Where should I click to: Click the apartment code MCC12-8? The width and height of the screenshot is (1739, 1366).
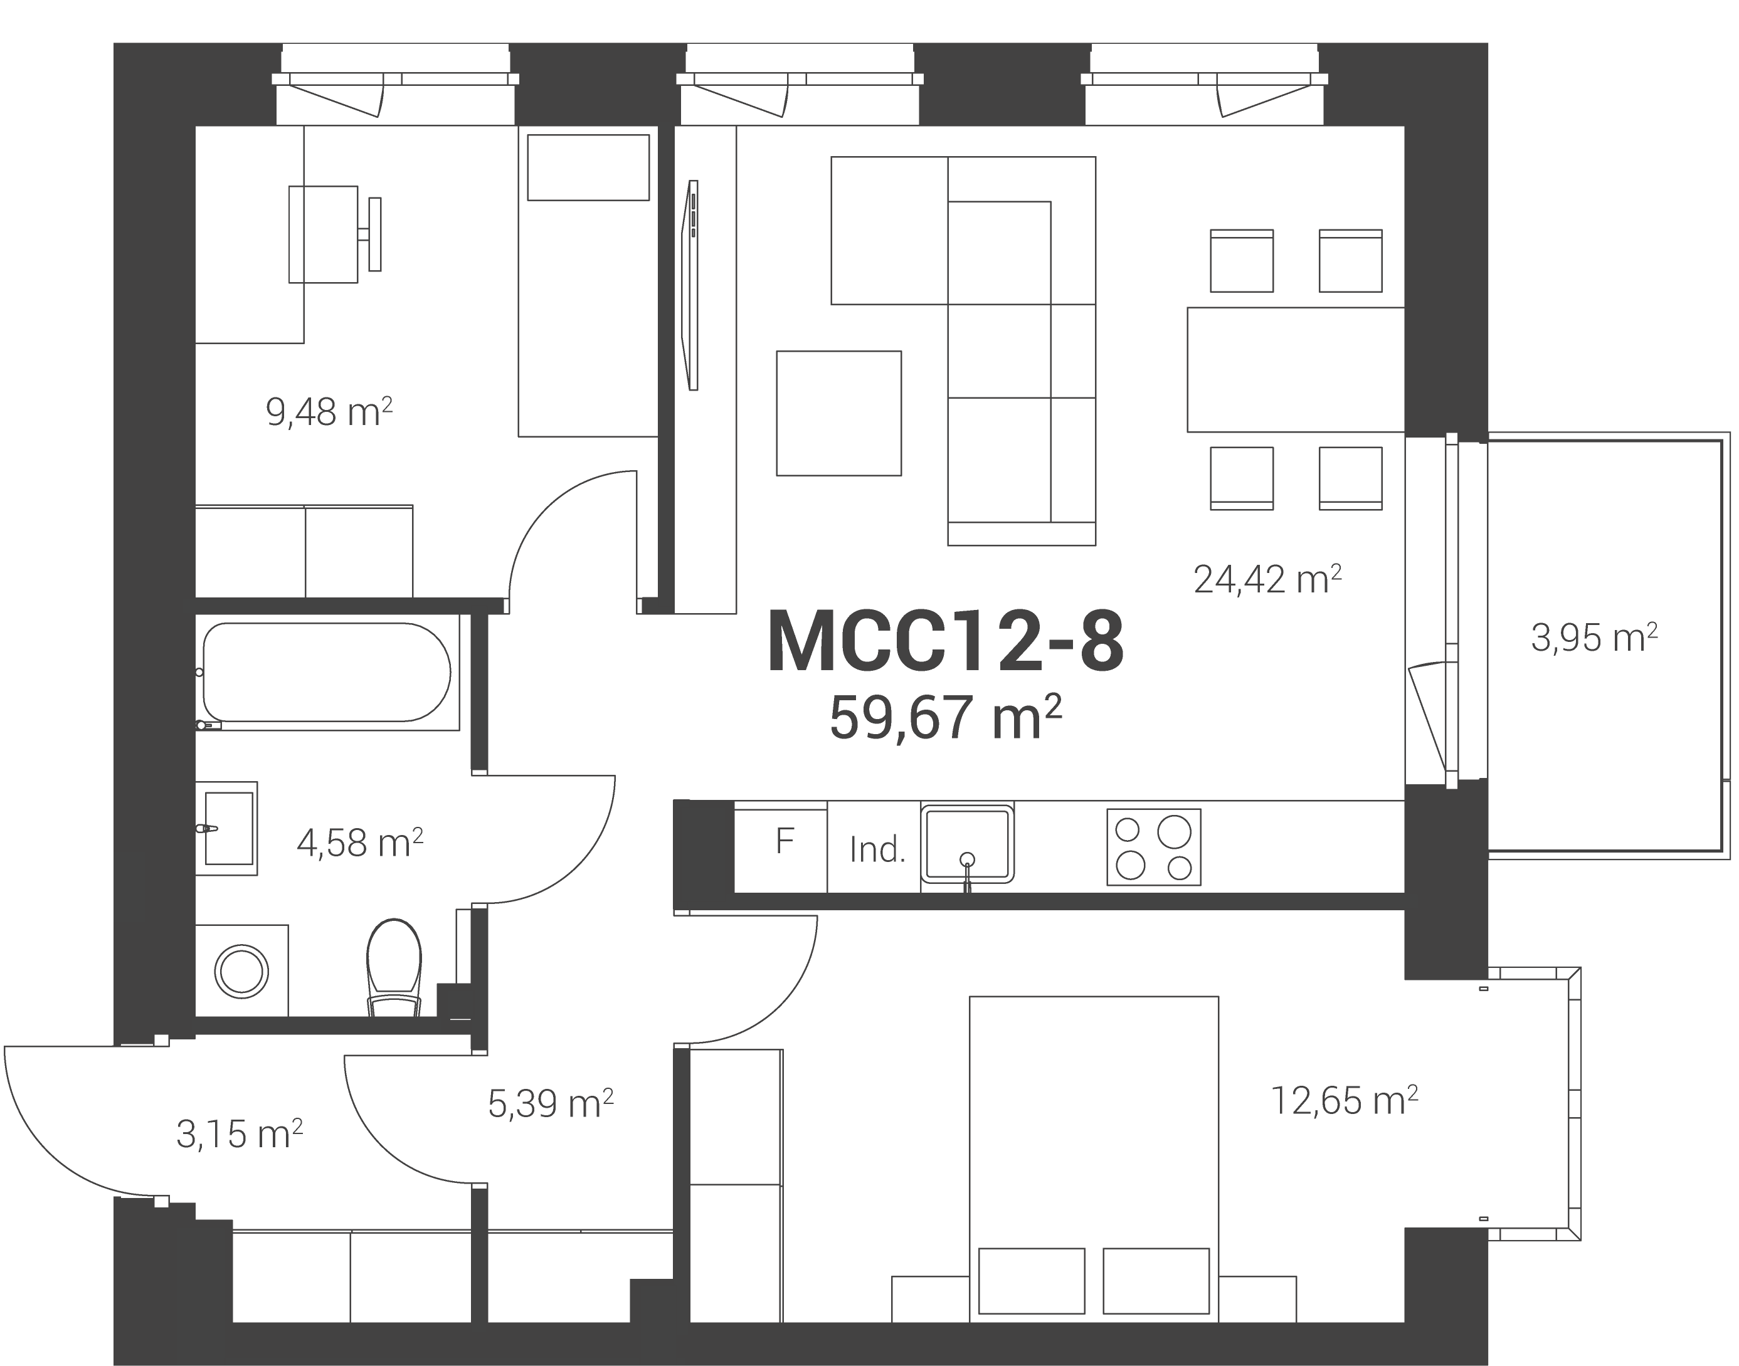(946, 641)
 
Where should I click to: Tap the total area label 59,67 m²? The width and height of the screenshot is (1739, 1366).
(946, 717)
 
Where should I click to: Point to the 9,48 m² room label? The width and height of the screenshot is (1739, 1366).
(329, 412)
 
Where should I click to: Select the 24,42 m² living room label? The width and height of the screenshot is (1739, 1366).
(1267, 579)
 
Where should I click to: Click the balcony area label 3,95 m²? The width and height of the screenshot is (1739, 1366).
(1594, 638)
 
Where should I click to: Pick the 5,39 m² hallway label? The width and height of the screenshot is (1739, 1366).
(551, 1104)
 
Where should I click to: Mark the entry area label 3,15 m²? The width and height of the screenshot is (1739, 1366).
(239, 1134)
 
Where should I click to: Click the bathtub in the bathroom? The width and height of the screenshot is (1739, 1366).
(327, 672)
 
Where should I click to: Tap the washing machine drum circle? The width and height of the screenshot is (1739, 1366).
(241, 972)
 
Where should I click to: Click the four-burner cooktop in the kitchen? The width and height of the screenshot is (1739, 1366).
(1153, 847)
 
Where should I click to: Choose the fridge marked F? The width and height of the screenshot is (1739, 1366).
(781, 851)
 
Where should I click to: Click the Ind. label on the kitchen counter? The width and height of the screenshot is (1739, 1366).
(877, 850)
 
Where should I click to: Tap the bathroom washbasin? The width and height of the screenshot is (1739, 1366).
(227, 827)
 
